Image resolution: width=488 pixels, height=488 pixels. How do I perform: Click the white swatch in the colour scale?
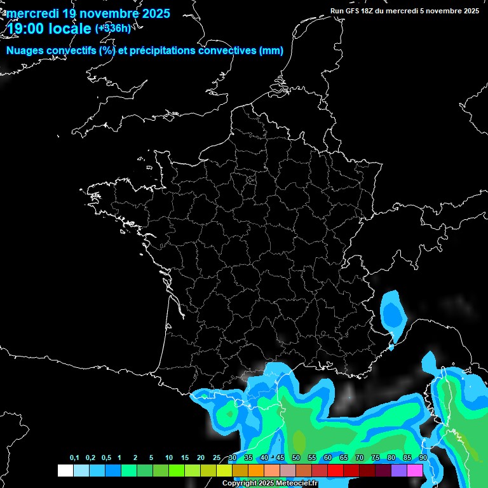(65, 470)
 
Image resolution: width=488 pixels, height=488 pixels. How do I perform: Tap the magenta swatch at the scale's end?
(415, 470)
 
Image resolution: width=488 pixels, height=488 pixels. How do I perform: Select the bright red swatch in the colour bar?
(335, 470)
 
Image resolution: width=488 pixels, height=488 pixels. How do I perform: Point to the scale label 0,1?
(74, 458)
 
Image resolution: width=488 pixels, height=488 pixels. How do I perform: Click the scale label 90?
(423, 458)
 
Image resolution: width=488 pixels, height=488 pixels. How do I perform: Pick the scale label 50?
(296, 458)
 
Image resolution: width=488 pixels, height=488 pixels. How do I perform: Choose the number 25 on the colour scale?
(217, 458)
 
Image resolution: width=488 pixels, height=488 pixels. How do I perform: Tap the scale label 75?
(376, 458)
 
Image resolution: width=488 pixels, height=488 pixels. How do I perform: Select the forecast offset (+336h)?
(112, 29)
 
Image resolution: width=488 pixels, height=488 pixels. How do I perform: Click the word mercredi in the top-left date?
(32, 13)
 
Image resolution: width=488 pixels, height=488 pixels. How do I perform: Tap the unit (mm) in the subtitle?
(271, 51)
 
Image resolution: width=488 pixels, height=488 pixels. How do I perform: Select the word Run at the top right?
(337, 11)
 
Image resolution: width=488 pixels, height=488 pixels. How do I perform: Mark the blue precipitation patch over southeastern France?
(394, 313)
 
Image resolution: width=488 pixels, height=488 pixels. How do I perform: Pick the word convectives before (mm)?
(227, 51)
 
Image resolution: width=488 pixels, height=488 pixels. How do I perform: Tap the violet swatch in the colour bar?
(399, 470)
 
